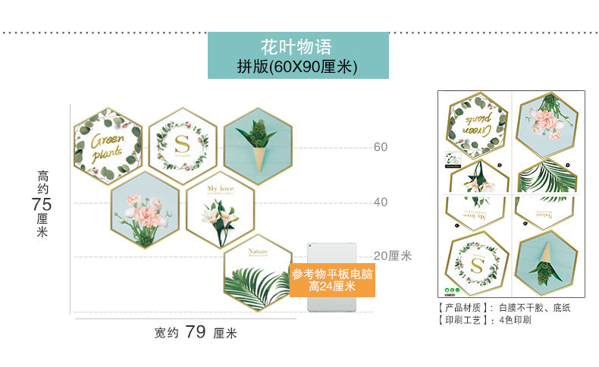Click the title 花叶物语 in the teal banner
pyautogui.click(x=297, y=46)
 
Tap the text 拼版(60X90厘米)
pyautogui.click(x=297, y=67)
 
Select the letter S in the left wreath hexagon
pyautogui.click(x=183, y=145)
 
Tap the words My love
pyautogui.click(x=221, y=188)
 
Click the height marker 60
pyautogui.click(x=381, y=147)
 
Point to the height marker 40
pyautogui.click(x=381, y=202)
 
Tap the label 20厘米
pyautogui.click(x=392, y=256)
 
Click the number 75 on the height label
pyautogui.click(x=42, y=204)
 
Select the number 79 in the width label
pyautogui.click(x=196, y=332)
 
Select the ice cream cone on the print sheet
pyautogui.click(x=547, y=263)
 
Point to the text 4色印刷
pyautogui.click(x=515, y=320)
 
